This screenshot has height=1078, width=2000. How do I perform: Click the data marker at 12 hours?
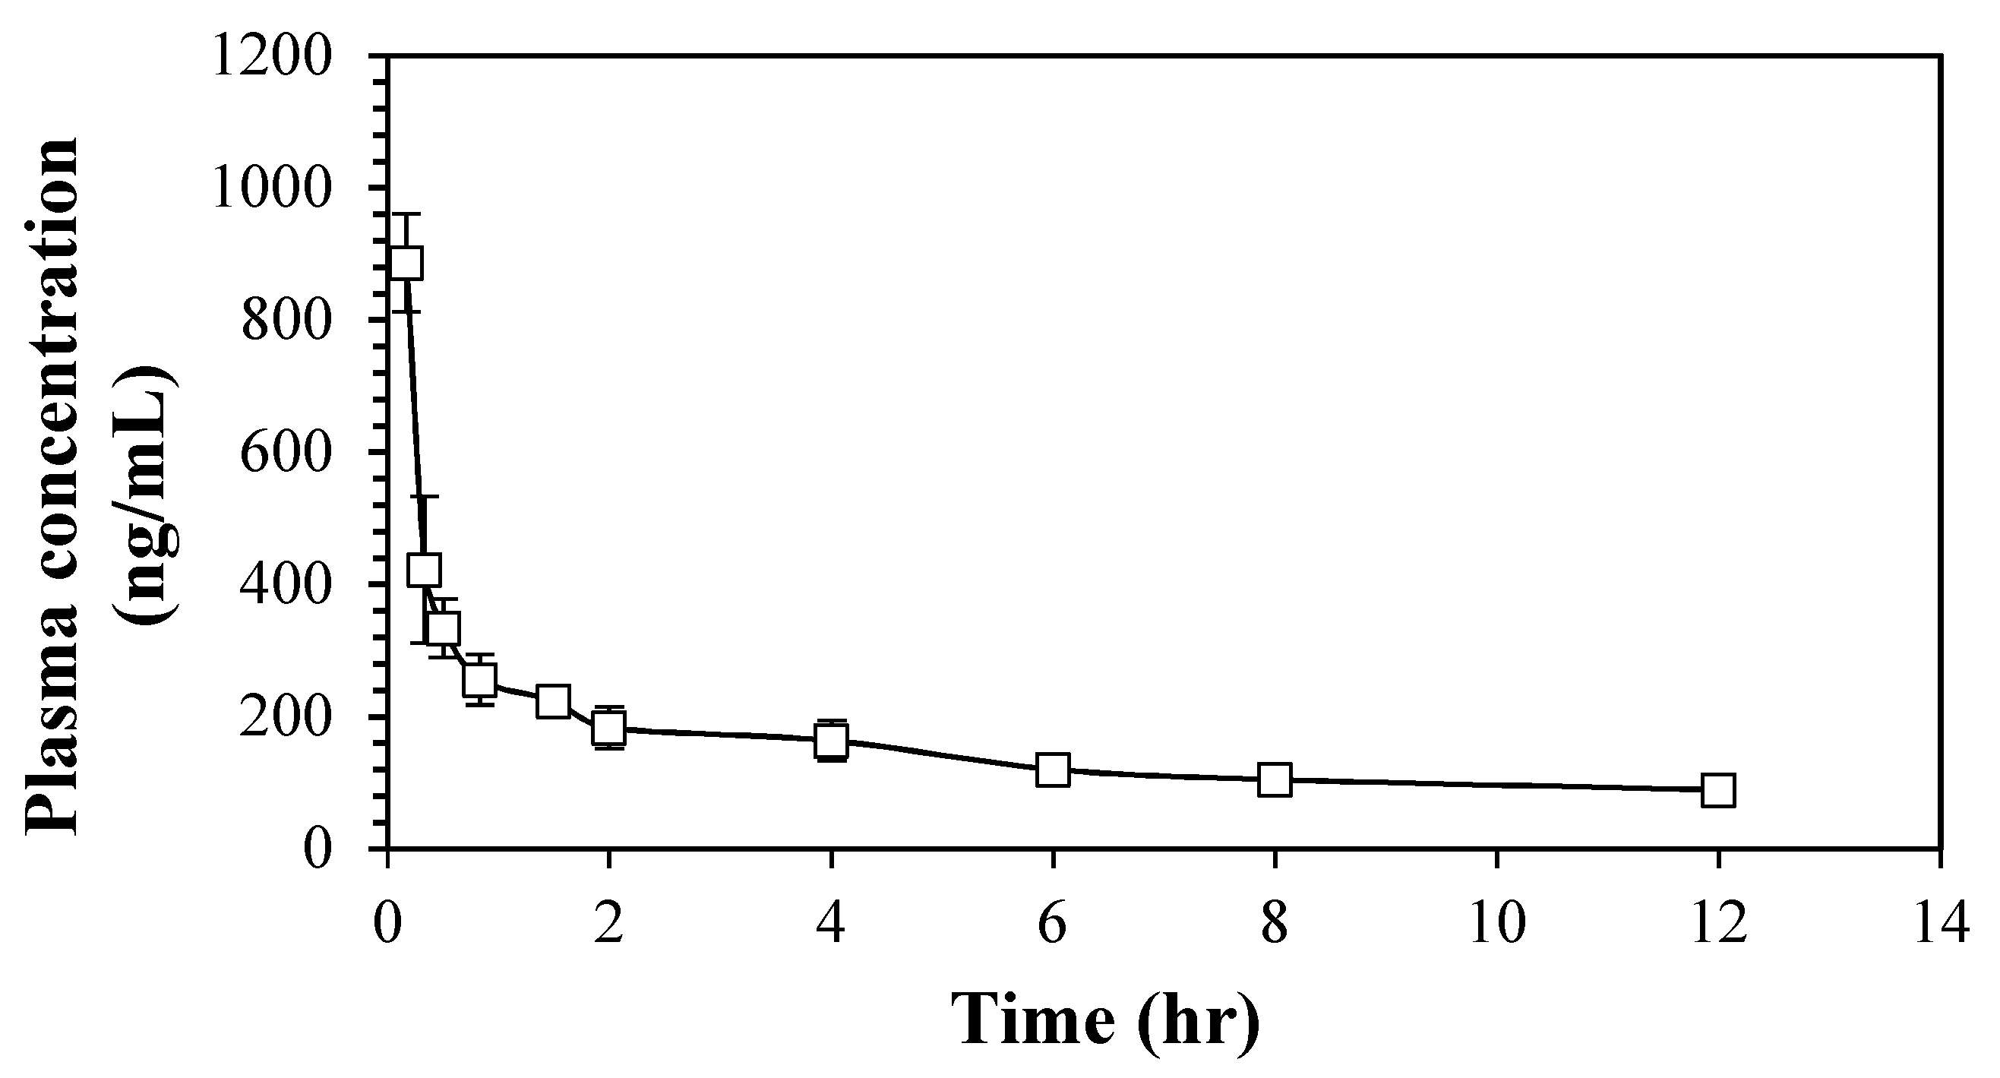click(1718, 791)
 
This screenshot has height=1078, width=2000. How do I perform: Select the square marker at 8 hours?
click(1275, 779)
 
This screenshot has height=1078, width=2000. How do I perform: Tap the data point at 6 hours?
click(1053, 770)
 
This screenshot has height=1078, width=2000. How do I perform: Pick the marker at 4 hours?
click(832, 739)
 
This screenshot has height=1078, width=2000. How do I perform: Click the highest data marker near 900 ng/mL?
click(407, 263)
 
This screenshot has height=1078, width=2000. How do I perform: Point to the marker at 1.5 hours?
click(553, 701)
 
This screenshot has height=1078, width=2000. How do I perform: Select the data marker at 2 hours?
click(609, 728)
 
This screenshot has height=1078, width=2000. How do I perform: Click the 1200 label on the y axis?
click(272, 58)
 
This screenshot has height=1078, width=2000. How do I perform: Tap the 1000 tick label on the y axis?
click(272, 188)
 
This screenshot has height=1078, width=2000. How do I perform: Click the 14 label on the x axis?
click(1941, 925)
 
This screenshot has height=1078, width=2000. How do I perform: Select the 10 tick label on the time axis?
click(1497, 925)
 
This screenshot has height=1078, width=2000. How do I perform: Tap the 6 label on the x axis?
click(1053, 925)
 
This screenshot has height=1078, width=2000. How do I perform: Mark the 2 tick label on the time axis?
click(609, 925)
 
